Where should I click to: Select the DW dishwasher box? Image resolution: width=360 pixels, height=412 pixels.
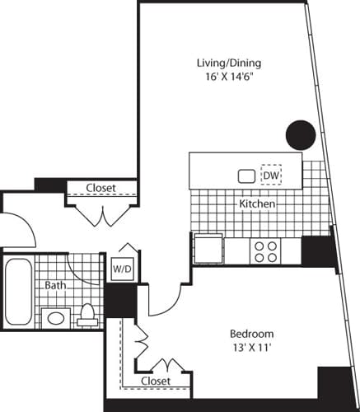[x=270, y=175]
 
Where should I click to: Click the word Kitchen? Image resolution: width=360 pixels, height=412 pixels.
[x=256, y=203]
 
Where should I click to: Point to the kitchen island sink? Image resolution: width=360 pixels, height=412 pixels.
[x=246, y=176]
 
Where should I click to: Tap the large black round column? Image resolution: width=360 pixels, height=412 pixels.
[x=300, y=133]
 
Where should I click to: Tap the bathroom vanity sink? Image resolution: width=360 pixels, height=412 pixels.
[x=55, y=316]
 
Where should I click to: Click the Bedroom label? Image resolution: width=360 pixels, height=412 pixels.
[x=251, y=334]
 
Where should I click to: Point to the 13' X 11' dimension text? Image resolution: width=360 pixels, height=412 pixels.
[x=251, y=349]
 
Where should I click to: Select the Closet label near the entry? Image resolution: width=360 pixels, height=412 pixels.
[x=101, y=188]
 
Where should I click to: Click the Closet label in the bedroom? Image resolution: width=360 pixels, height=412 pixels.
[x=155, y=381]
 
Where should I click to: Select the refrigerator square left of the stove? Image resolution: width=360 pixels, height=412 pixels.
[x=208, y=248]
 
